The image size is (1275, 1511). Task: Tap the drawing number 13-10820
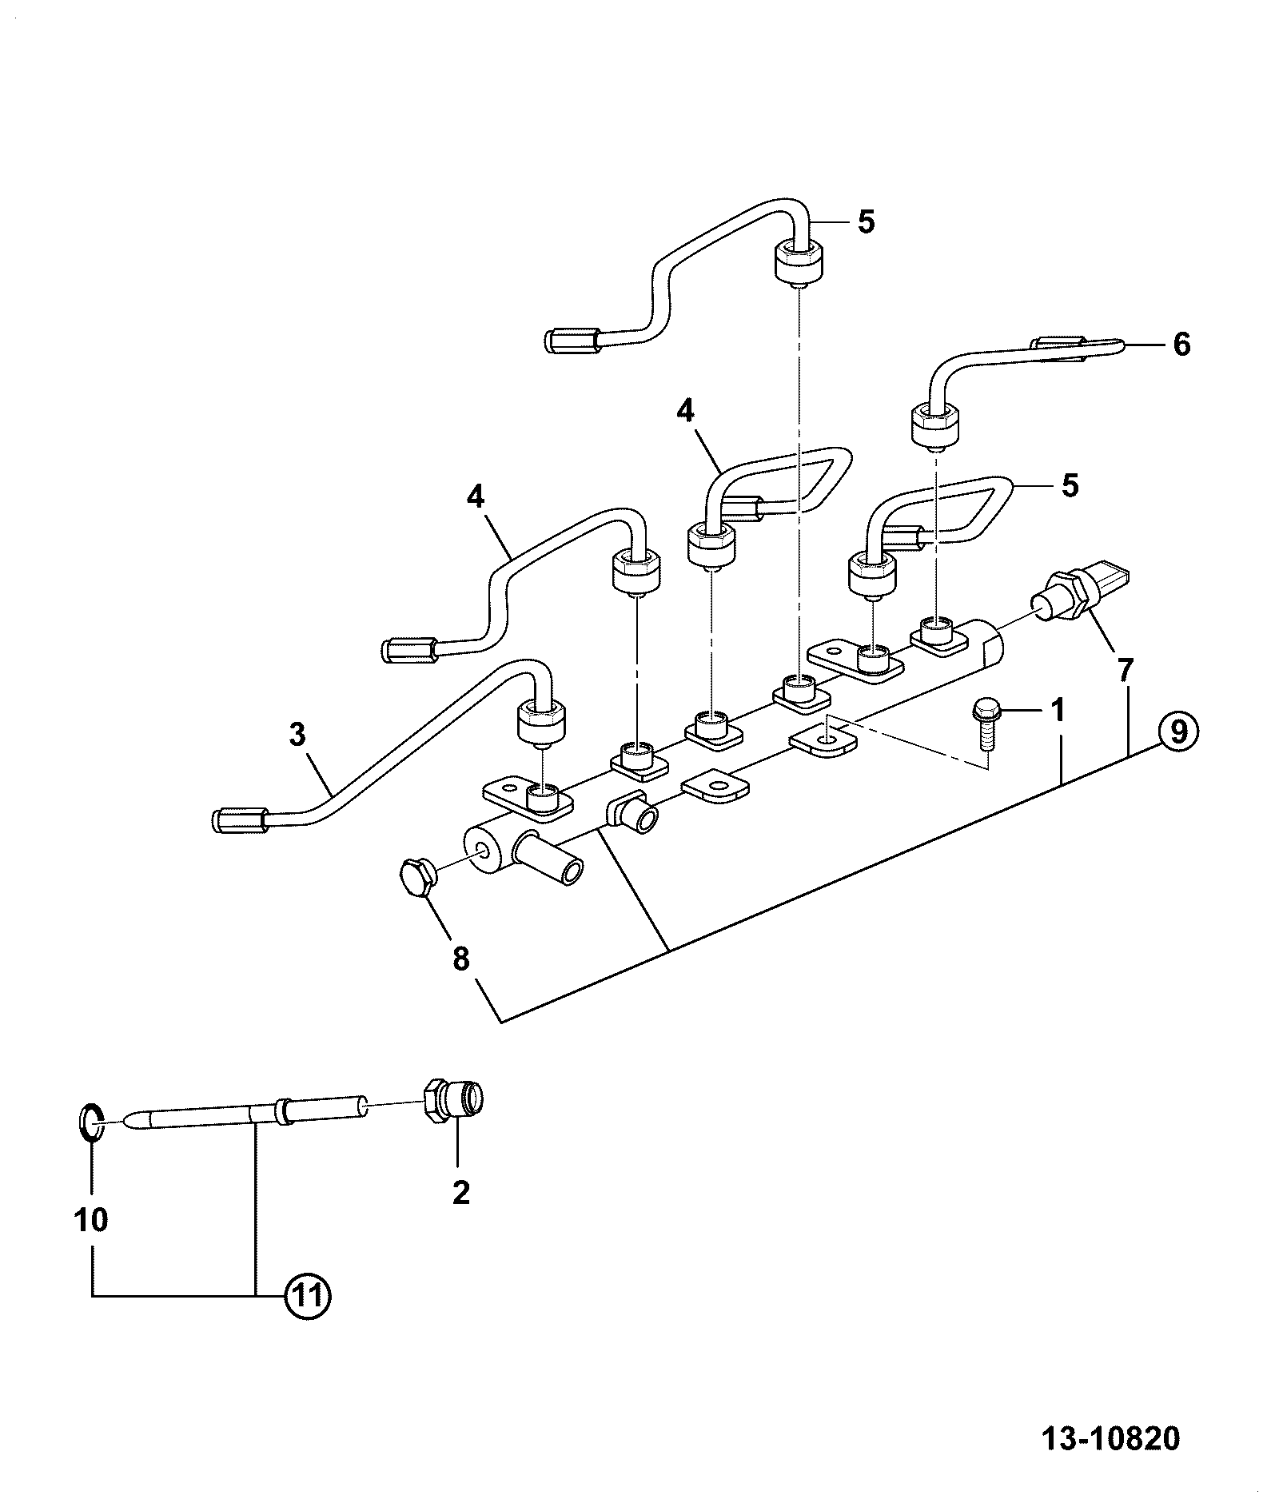click(x=1111, y=1438)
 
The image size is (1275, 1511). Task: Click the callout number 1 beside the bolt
click(x=1058, y=709)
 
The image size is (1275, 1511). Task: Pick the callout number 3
click(x=297, y=734)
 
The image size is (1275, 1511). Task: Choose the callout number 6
click(x=1181, y=345)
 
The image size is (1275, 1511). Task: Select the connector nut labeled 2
click(x=455, y=1102)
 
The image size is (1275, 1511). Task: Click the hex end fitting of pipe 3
click(x=239, y=819)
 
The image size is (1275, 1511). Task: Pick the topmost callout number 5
click(x=866, y=221)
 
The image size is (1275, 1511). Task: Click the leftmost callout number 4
click(x=476, y=497)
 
